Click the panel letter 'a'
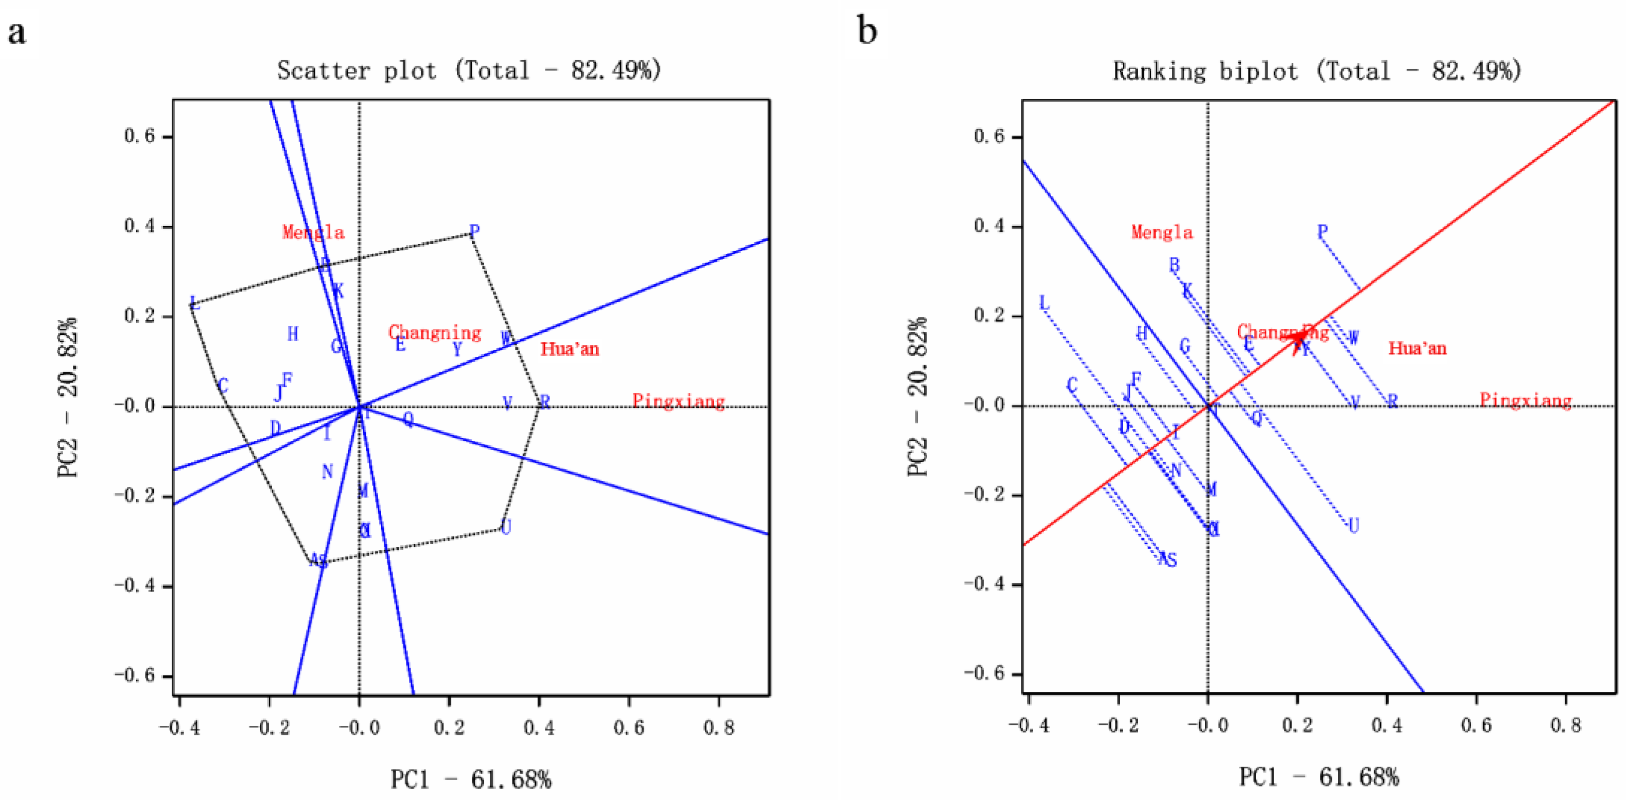coord(17,31)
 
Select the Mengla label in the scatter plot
coord(313,233)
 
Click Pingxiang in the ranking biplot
coord(1525,400)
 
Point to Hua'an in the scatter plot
coord(569,349)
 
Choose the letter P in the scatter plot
coord(475,231)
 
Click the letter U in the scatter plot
coord(506,526)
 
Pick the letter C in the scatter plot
coord(223,386)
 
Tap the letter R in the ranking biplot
coord(1393,400)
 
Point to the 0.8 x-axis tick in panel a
coord(719,728)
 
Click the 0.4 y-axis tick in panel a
coord(139,226)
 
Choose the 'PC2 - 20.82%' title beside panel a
coord(68,398)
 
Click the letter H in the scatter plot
coord(293,334)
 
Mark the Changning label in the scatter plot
coord(434,332)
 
